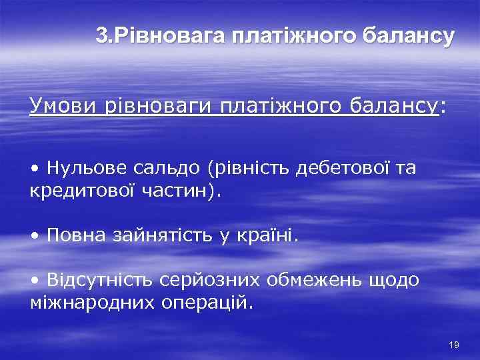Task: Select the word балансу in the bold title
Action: [402, 36]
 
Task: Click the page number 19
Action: [455, 345]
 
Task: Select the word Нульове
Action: [84, 168]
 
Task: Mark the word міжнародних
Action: [93, 303]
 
